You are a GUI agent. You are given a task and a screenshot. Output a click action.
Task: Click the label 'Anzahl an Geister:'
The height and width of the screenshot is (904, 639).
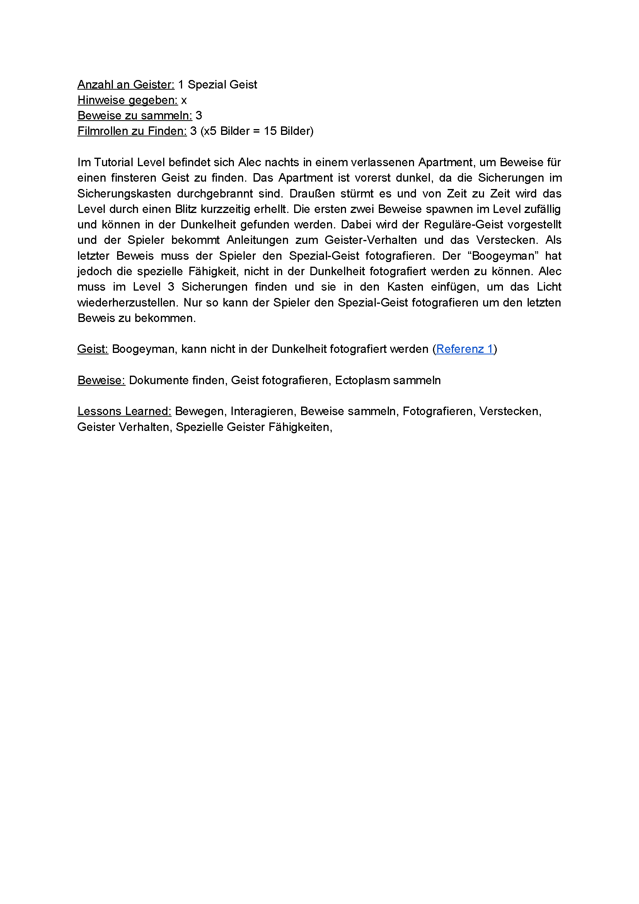[126, 85]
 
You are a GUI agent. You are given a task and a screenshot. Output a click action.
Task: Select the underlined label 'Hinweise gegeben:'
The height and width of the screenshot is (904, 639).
[127, 100]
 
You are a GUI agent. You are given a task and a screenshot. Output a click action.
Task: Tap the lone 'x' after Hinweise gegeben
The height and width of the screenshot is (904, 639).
[184, 101]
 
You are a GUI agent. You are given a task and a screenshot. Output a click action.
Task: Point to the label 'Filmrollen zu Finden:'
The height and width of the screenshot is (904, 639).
[132, 131]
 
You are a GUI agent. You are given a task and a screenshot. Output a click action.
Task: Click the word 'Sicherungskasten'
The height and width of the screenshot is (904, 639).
[124, 194]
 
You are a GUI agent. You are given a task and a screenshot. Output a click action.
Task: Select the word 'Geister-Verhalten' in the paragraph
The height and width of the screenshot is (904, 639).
[370, 240]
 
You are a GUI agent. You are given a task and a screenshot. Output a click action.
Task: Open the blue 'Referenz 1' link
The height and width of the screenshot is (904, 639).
[465, 349]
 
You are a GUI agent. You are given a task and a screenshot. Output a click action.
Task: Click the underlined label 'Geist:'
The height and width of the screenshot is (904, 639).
[92, 349]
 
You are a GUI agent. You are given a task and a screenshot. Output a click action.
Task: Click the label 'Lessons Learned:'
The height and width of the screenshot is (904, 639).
[124, 412]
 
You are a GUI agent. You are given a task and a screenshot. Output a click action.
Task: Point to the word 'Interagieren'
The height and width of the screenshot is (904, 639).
[262, 412]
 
